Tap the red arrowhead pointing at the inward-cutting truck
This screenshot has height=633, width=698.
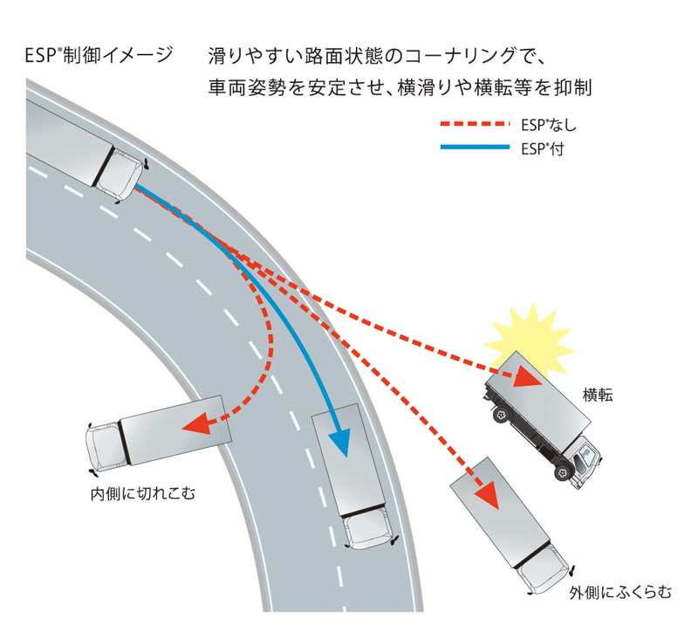[x=200, y=424]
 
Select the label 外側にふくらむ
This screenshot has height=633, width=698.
[x=620, y=594]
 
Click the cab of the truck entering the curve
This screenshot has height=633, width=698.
[x=118, y=175]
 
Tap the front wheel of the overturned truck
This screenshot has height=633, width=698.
[x=558, y=472]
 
